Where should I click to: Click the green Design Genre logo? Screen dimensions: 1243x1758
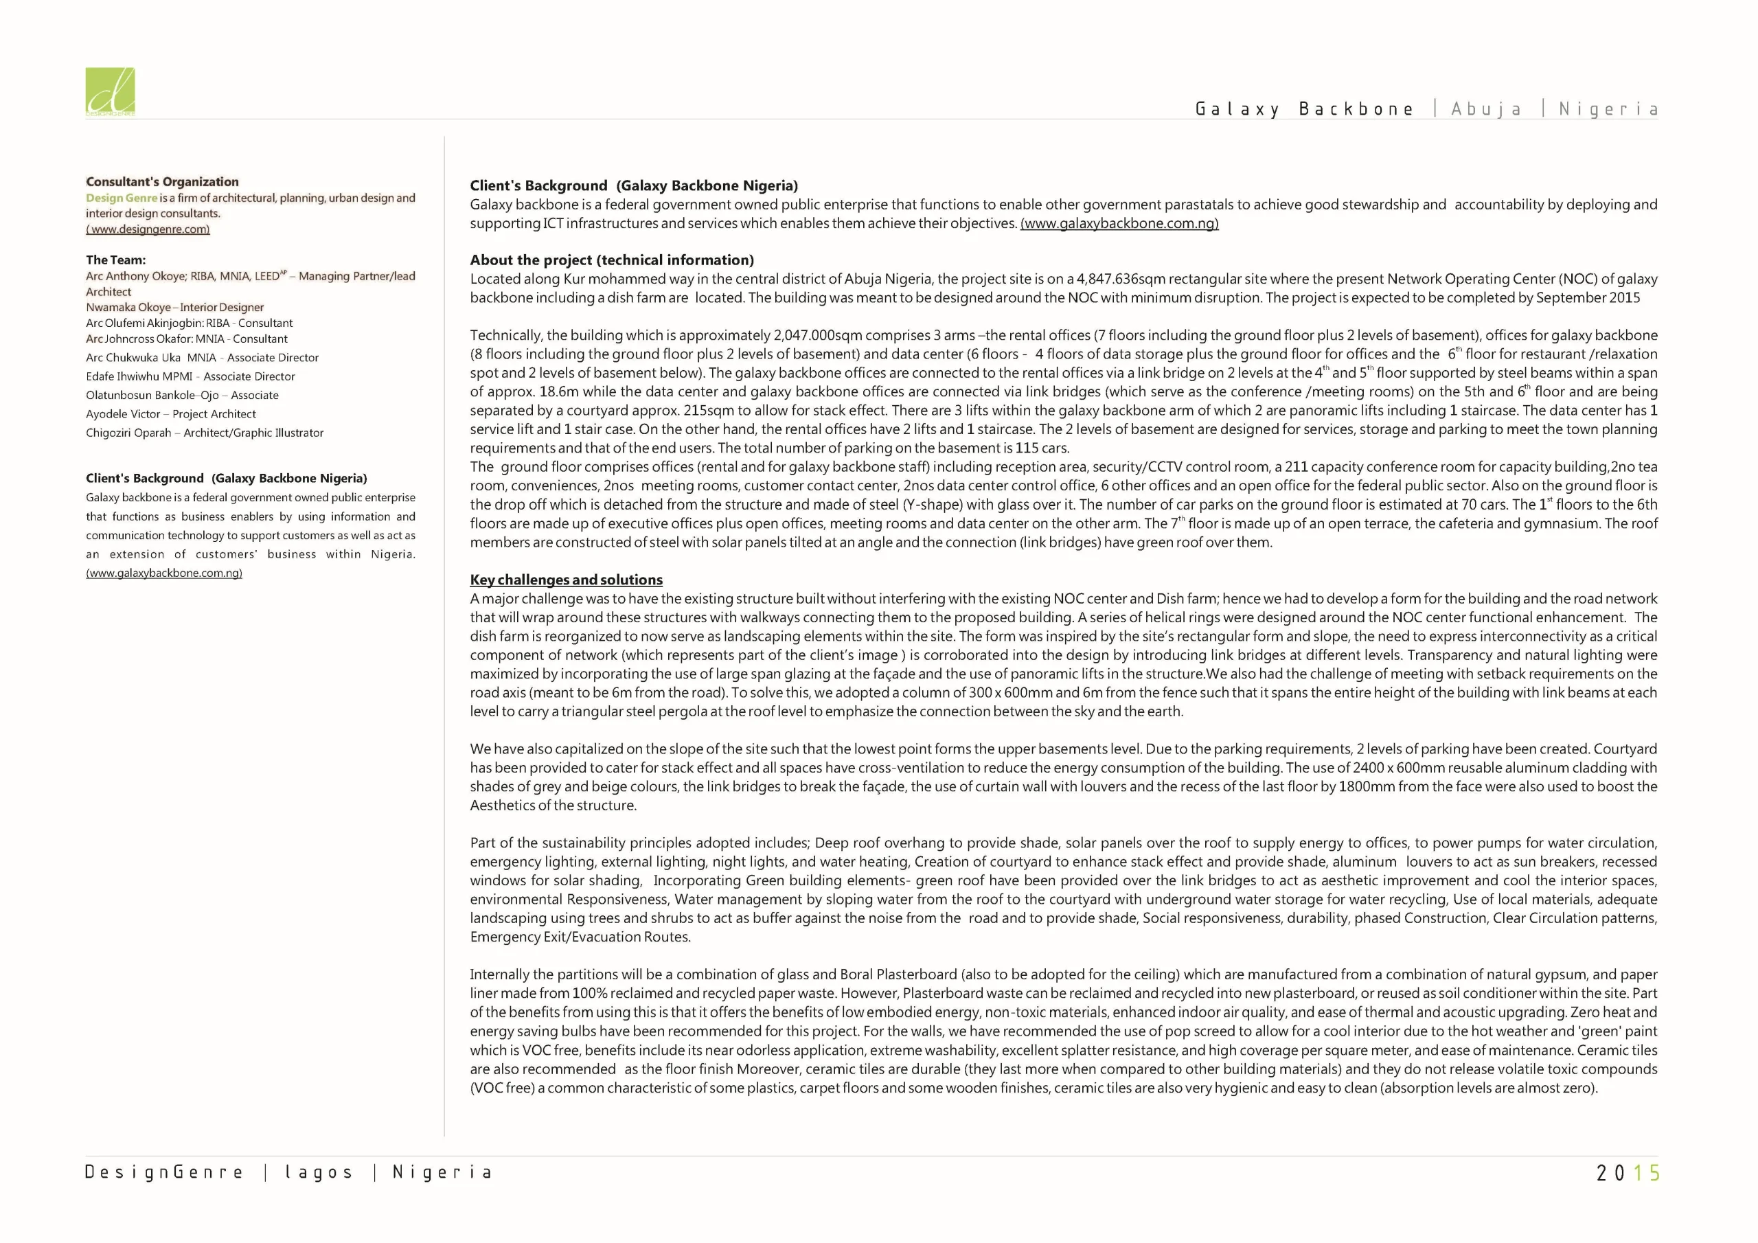[111, 92]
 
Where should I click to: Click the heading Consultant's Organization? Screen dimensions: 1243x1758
[162, 181]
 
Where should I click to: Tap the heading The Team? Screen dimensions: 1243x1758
[115, 260]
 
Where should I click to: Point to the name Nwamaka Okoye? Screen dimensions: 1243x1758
[128, 307]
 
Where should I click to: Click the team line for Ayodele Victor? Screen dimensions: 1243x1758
[171, 413]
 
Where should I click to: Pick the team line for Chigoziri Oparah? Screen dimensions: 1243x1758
[205, 433]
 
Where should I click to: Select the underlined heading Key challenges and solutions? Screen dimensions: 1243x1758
[566, 580]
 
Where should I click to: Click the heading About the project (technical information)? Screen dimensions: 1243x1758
[612, 260]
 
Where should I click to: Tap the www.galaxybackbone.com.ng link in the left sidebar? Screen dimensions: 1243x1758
[164, 573]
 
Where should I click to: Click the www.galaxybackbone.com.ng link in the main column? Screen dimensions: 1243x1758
[1119, 223]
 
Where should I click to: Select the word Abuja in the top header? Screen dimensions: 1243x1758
[1486, 109]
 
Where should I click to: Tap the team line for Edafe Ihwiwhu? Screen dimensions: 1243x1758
[190, 376]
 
